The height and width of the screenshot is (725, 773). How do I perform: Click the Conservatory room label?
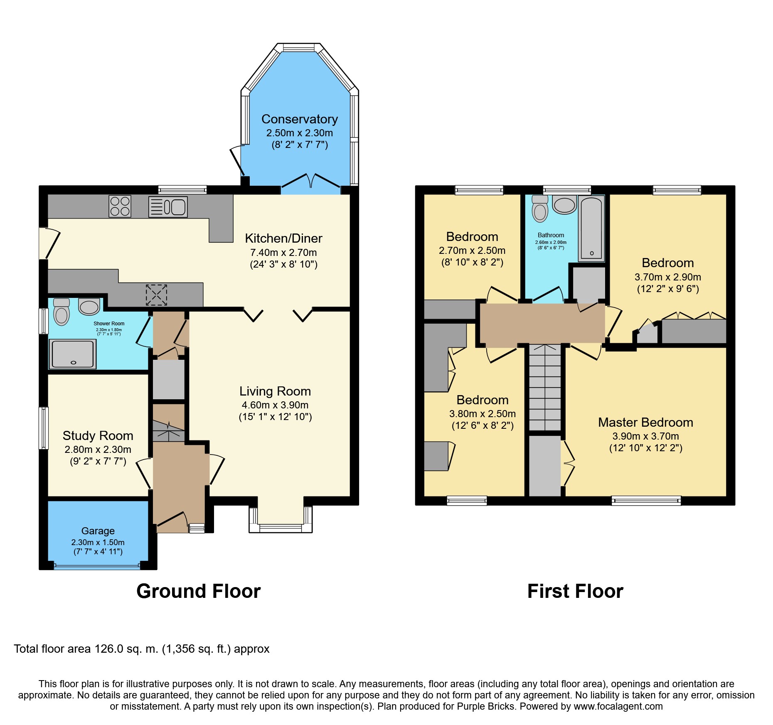(299, 119)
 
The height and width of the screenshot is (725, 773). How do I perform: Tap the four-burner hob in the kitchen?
(120, 206)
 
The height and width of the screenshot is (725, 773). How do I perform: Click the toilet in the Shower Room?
(62, 312)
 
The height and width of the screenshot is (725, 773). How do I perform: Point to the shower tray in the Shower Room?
(73, 354)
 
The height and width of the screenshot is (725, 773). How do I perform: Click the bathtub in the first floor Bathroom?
(591, 229)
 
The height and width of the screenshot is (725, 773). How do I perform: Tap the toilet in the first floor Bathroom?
(540, 209)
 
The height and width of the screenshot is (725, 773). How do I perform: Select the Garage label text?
(98, 531)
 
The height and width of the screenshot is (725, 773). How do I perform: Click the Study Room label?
(98, 435)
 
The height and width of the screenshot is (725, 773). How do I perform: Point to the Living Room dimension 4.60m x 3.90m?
(275, 405)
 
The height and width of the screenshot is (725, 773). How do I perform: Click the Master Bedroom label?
(645, 422)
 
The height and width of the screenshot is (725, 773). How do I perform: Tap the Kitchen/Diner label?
(283, 238)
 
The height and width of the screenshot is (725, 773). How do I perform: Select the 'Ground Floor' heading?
(199, 591)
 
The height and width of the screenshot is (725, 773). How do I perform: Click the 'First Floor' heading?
(575, 591)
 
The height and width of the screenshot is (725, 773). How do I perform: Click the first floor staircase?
(545, 388)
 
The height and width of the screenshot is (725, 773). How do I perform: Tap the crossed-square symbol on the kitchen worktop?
(156, 295)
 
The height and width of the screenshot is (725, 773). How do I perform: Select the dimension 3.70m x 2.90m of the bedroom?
(668, 277)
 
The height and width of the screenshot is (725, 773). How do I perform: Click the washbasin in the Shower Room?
(89, 307)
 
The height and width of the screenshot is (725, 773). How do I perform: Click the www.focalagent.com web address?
(618, 706)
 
